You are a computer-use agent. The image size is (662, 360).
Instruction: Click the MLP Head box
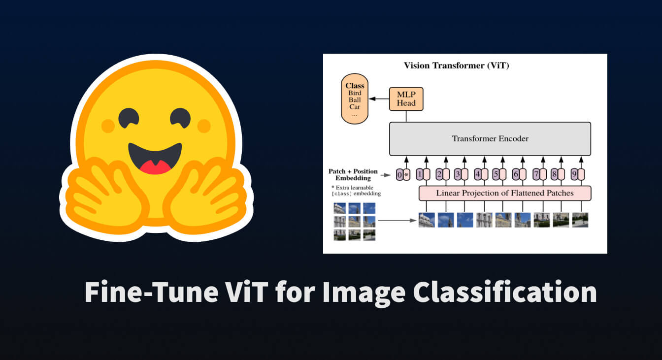pyautogui.click(x=406, y=99)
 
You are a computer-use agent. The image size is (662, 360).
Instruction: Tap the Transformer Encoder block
pyautogui.click(x=490, y=138)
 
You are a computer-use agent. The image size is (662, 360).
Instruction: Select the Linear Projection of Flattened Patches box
pyautogui.click(x=505, y=194)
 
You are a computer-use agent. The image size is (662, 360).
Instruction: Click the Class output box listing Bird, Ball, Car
pyautogui.click(x=355, y=98)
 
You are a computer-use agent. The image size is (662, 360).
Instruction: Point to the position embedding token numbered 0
pyautogui.click(x=399, y=175)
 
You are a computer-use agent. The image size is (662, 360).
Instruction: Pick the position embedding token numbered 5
pyautogui.click(x=496, y=174)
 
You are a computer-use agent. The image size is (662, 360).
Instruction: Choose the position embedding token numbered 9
pyautogui.click(x=574, y=174)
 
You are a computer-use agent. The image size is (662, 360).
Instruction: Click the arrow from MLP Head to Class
pyautogui.click(x=379, y=98)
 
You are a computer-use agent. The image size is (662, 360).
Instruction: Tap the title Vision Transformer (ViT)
pyautogui.click(x=456, y=65)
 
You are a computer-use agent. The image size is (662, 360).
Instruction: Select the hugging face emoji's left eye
pyautogui.click(x=129, y=118)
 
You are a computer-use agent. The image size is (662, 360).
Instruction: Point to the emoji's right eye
pyautogui.click(x=180, y=118)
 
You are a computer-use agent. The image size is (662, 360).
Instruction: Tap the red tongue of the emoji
pyautogui.click(x=155, y=167)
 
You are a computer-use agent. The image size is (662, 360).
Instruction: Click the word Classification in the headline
pyautogui.click(x=505, y=292)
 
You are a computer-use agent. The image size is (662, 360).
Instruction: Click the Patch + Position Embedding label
pyautogui.click(x=353, y=175)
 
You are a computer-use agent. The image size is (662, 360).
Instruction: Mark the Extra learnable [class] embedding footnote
pyautogui.click(x=356, y=191)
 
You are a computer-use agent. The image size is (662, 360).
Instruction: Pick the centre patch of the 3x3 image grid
pyautogui.click(x=354, y=222)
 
